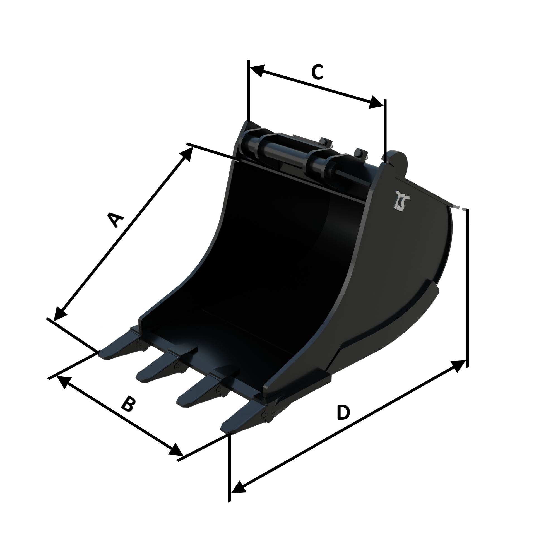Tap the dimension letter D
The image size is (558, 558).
[343, 412]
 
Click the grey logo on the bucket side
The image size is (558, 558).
[402, 200]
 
